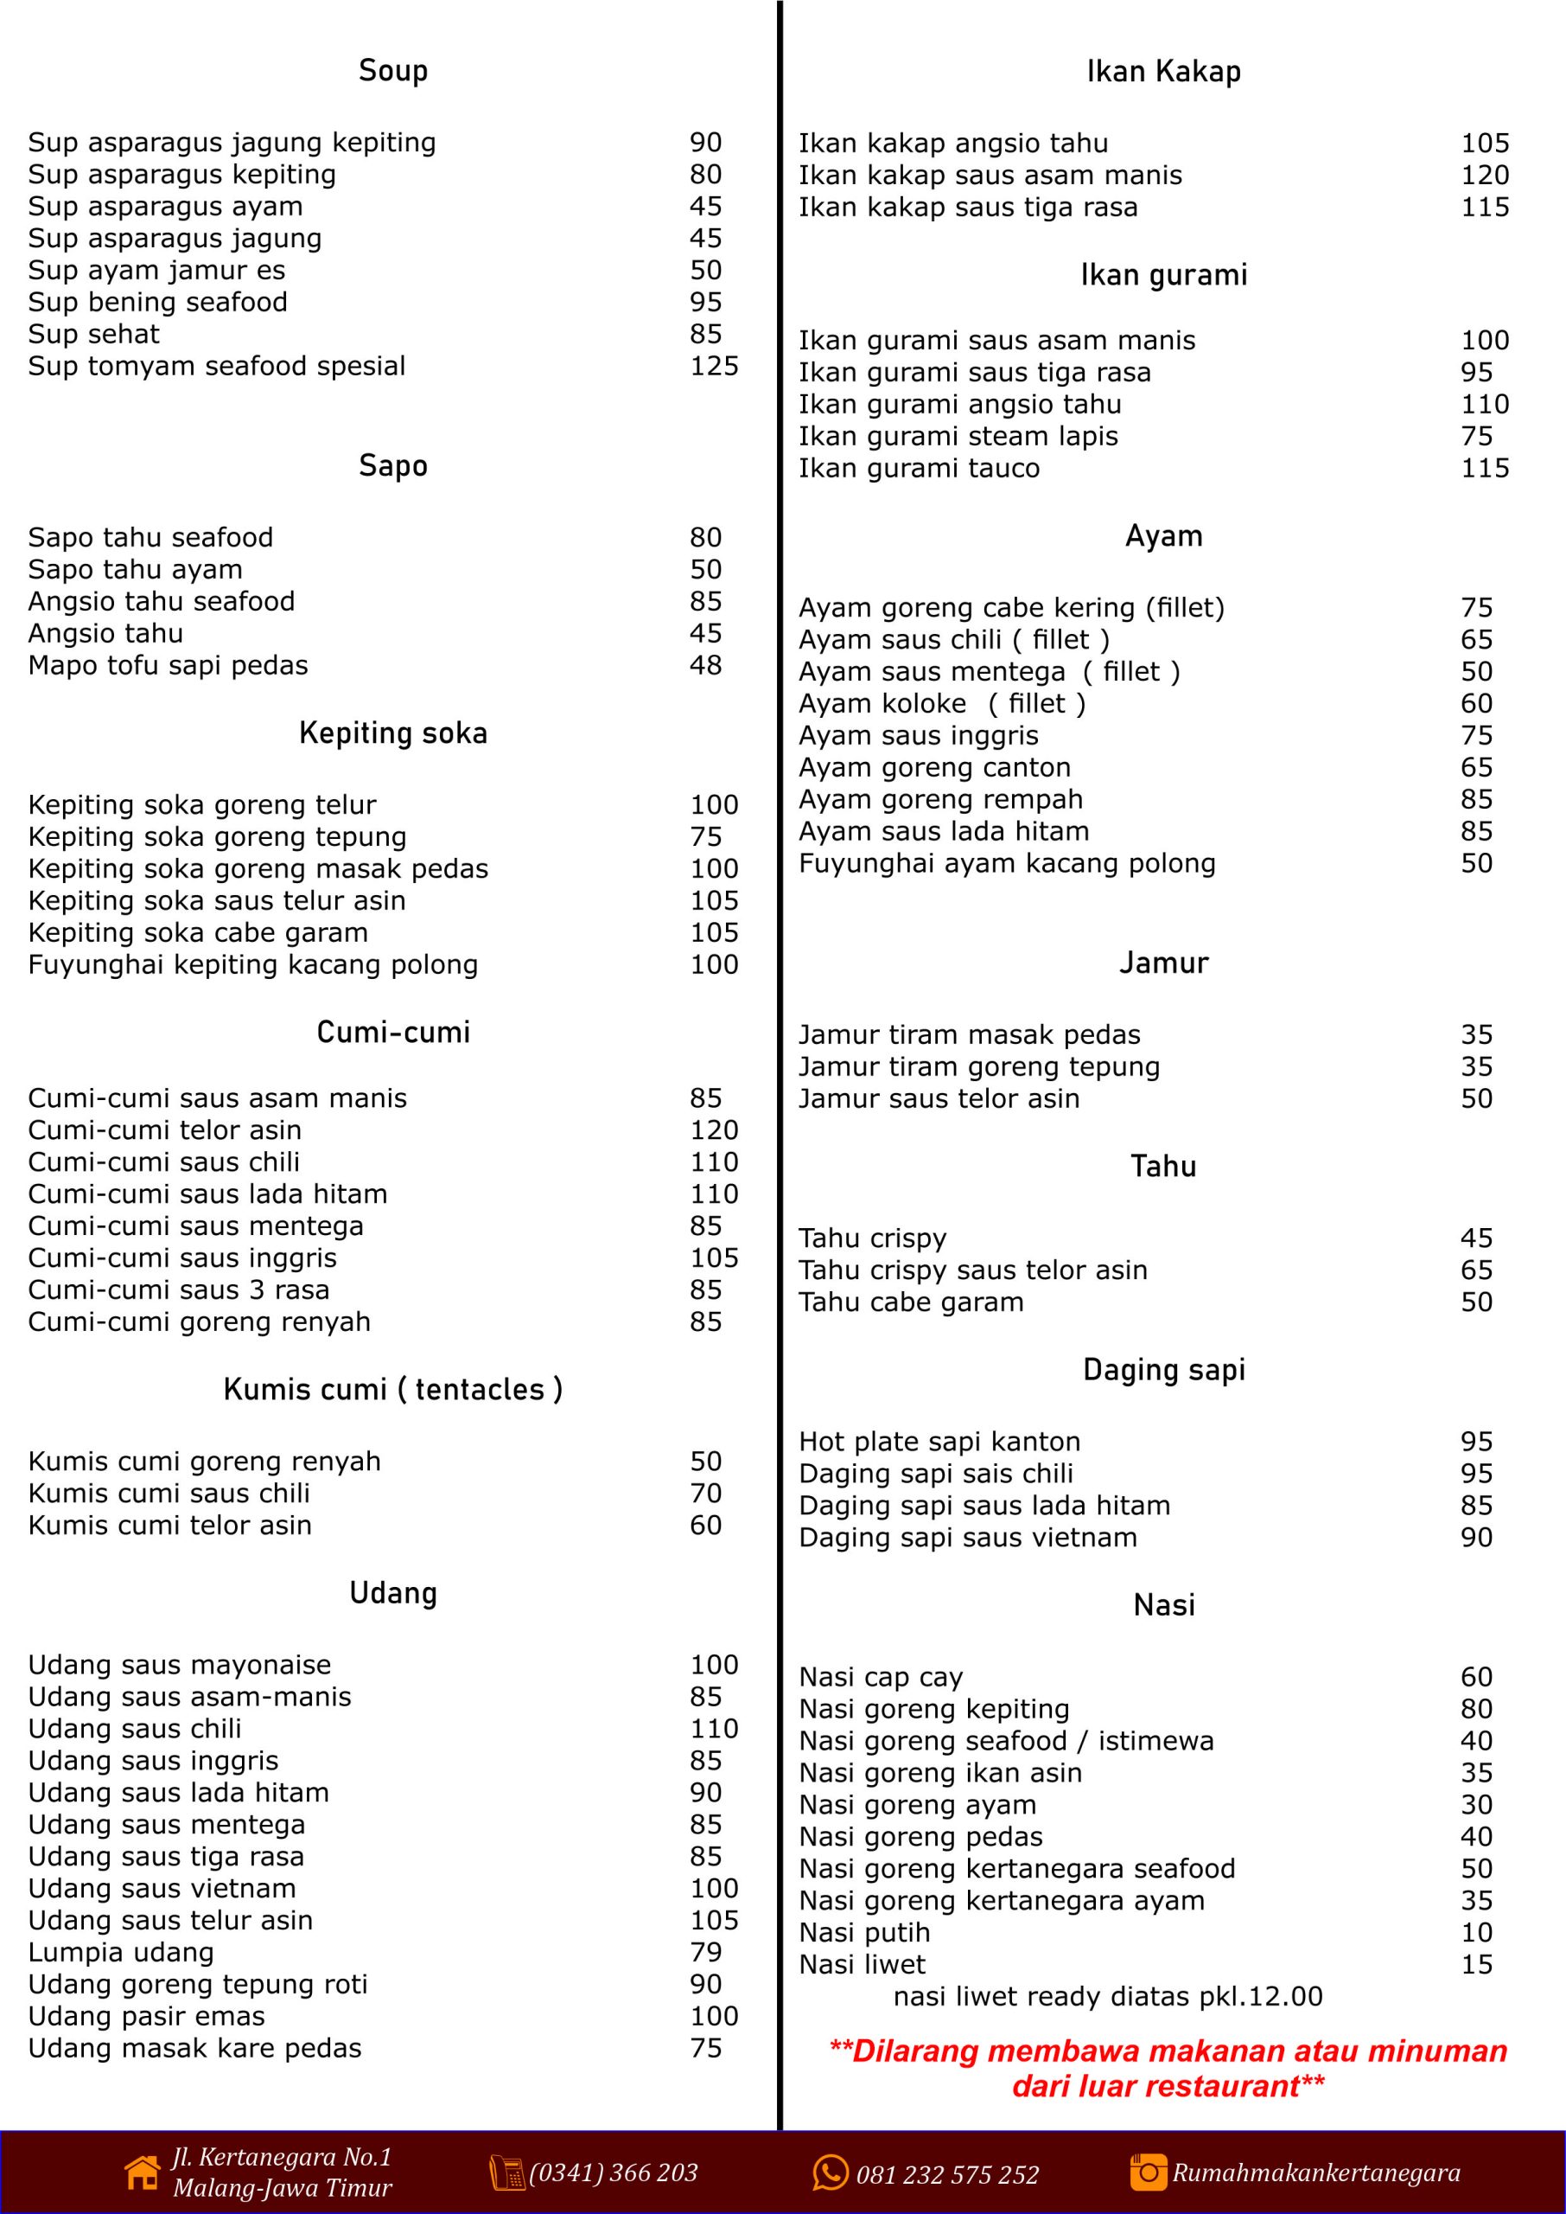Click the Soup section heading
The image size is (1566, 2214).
392,70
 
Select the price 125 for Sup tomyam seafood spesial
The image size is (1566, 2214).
714,367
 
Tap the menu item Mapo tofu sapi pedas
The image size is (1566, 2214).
168,666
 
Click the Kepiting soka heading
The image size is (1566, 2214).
392,733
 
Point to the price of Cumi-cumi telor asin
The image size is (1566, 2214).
714,1129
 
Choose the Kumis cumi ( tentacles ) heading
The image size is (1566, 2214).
392,1389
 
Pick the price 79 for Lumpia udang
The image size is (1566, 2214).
705,1953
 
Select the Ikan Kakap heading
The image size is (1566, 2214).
1163,72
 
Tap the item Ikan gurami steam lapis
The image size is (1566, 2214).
958,437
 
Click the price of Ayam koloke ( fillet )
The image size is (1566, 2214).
1475,704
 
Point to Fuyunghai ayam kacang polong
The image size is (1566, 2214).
1007,863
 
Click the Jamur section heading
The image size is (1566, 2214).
1163,963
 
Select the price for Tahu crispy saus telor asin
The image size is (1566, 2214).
1475,1270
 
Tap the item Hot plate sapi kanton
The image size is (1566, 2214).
939,1443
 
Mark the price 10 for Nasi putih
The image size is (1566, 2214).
1475,1932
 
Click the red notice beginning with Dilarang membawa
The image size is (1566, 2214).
1168,2069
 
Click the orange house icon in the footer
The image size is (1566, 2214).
143,2172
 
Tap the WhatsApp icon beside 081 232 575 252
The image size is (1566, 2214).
831,2172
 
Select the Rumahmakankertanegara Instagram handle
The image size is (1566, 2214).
1315,2172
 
